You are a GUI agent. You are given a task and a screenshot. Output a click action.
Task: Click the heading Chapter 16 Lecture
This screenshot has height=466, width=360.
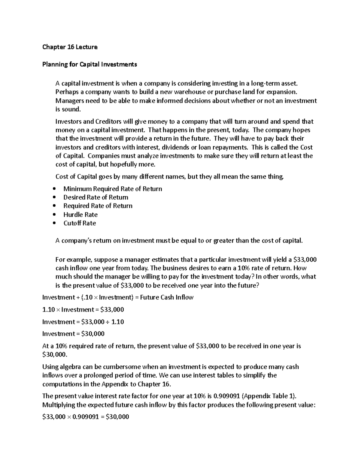coord(70,47)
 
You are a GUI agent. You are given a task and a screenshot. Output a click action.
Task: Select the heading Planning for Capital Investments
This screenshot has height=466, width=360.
coord(89,64)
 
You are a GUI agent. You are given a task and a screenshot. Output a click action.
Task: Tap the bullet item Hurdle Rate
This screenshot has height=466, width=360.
coord(80,215)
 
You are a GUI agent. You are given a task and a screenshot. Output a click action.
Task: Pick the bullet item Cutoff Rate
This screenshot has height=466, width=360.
coord(79,223)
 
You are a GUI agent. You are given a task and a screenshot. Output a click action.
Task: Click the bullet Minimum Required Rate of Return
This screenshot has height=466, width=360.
coord(112,189)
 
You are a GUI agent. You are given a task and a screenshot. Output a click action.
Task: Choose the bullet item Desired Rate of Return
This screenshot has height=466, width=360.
coord(95,197)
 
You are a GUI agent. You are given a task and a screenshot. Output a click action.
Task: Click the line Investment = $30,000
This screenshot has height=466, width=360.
coord(73,334)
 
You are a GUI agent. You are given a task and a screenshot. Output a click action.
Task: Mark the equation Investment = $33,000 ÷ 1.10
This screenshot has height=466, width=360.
coord(83,322)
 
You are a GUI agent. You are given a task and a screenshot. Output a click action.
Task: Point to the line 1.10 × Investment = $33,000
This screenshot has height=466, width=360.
coord(83,309)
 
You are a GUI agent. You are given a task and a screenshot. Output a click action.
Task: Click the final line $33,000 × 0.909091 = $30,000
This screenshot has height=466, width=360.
coord(86,416)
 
